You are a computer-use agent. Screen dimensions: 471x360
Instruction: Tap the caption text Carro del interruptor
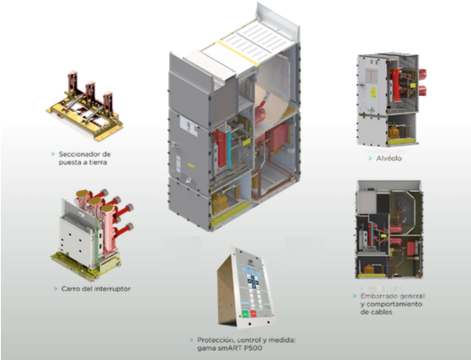(x=96, y=289)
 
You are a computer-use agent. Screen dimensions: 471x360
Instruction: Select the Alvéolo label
(x=389, y=158)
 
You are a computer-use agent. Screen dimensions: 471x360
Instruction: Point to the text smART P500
(x=230, y=348)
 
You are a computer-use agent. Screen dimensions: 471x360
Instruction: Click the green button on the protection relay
(x=245, y=314)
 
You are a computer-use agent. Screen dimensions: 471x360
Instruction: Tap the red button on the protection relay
(x=253, y=314)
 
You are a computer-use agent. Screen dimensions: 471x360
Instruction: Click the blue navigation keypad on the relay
(x=253, y=282)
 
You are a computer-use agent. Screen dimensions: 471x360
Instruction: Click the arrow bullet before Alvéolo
(x=370, y=158)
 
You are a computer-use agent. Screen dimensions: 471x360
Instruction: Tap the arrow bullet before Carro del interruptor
(x=56, y=289)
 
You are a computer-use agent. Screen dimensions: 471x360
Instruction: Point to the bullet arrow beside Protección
(x=192, y=340)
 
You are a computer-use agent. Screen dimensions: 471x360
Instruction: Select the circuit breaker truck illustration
(x=93, y=235)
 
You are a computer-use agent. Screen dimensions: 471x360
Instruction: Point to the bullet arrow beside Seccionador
(x=53, y=154)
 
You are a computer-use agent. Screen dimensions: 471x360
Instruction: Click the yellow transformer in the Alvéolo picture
(x=394, y=131)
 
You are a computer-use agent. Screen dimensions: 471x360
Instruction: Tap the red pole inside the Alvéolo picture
(x=395, y=85)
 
